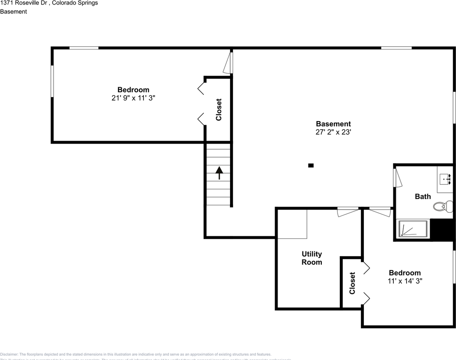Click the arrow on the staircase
[x=219, y=173]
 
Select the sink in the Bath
[x=446, y=179]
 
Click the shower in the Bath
[x=412, y=228]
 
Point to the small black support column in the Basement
[x=311, y=165]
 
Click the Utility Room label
[x=312, y=258]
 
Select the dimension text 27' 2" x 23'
[x=333, y=132]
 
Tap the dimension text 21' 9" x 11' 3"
[x=133, y=98]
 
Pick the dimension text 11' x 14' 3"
[x=405, y=281]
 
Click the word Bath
[x=423, y=196]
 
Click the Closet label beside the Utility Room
[x=352, y=283]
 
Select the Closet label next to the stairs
[x=219, y=109]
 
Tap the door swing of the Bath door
[x=398, y=178]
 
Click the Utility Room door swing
[x=348, y=212]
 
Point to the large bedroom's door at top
[x=228, y=63]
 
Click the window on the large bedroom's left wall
[x=52, y=81]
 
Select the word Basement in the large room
[x=333, y=124]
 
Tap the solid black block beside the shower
[x=442, y=229]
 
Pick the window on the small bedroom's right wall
[x=454, y=267]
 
